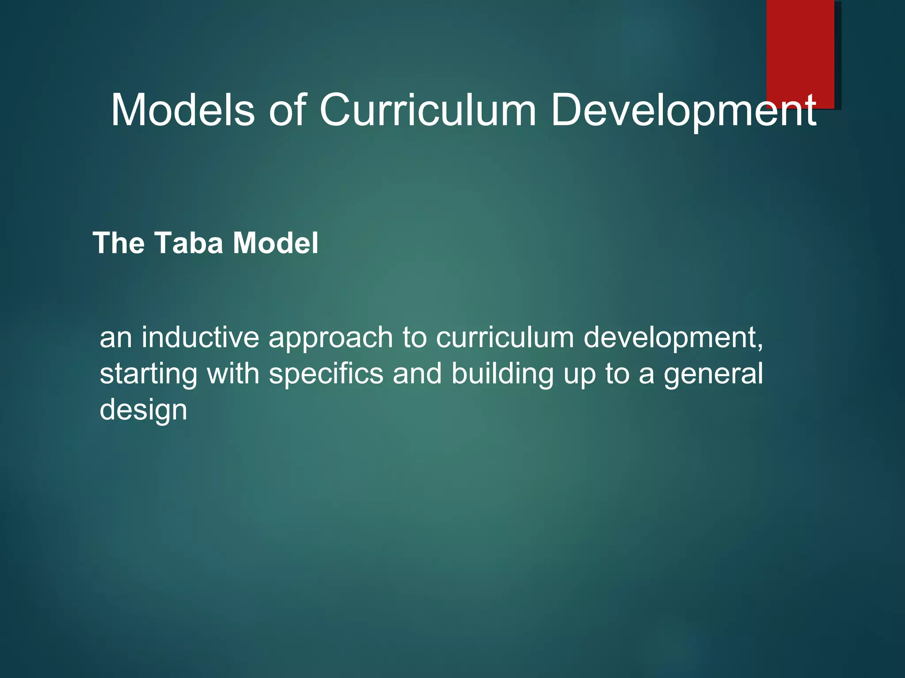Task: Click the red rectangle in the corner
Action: click(800, 49)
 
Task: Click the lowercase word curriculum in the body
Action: click(505, 338)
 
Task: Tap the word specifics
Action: click(326, 374)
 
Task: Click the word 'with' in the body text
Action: click(233, 373)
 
